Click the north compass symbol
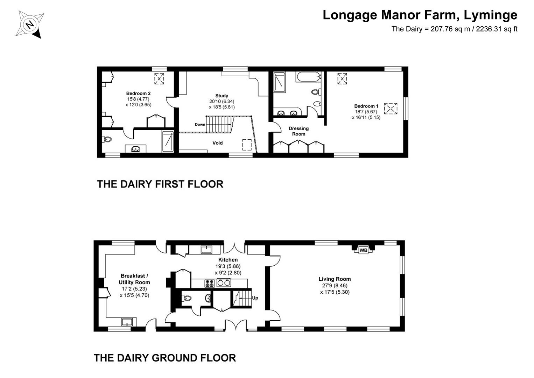[x=30, y=24]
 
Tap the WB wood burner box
[x=363, y=250]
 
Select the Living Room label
[x=335, y=279]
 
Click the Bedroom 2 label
[x=138, y=93]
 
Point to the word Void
[x=217, y=143]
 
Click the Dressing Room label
[x=299, y=131]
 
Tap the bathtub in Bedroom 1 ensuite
[x=308, y=77]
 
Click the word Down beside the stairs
[x=200, y=124]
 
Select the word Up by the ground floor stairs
[x=255, y=298]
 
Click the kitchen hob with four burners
[x=210, y=283]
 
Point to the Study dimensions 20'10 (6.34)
[x=222, y=101]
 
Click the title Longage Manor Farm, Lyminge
[x=420, y=15]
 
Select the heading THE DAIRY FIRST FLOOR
[x=160, y=184]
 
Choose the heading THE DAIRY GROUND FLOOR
[x=165, y=358]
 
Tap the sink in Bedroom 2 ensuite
[x=136, y=149]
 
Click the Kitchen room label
[x=228, y=260]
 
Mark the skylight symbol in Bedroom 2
[x=159, y=79]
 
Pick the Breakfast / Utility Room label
[x=134, y=279]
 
